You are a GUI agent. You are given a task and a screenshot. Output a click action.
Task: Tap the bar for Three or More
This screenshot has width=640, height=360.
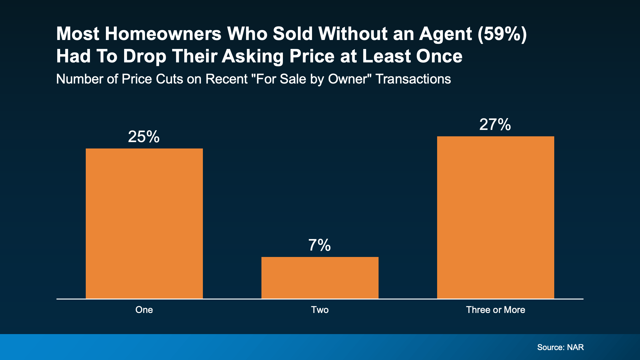495,217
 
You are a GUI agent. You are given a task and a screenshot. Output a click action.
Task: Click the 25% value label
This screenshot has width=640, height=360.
144,137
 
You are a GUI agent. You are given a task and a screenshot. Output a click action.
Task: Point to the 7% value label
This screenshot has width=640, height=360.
319,245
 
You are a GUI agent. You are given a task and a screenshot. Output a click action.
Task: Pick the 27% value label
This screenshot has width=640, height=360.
495,124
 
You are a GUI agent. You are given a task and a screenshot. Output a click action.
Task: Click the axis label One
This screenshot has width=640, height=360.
144,310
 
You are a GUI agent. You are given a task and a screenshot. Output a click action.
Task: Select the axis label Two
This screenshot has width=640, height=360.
320,310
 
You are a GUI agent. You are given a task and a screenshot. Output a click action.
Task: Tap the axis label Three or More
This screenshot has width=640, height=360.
495,310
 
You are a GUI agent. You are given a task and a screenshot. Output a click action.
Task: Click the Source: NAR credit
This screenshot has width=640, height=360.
560,347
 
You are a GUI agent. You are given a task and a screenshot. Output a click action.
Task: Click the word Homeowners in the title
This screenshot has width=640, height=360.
163,34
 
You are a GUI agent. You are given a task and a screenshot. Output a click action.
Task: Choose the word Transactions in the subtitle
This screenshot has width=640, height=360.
413,79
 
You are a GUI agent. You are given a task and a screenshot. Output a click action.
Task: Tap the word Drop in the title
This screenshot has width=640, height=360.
145,56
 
